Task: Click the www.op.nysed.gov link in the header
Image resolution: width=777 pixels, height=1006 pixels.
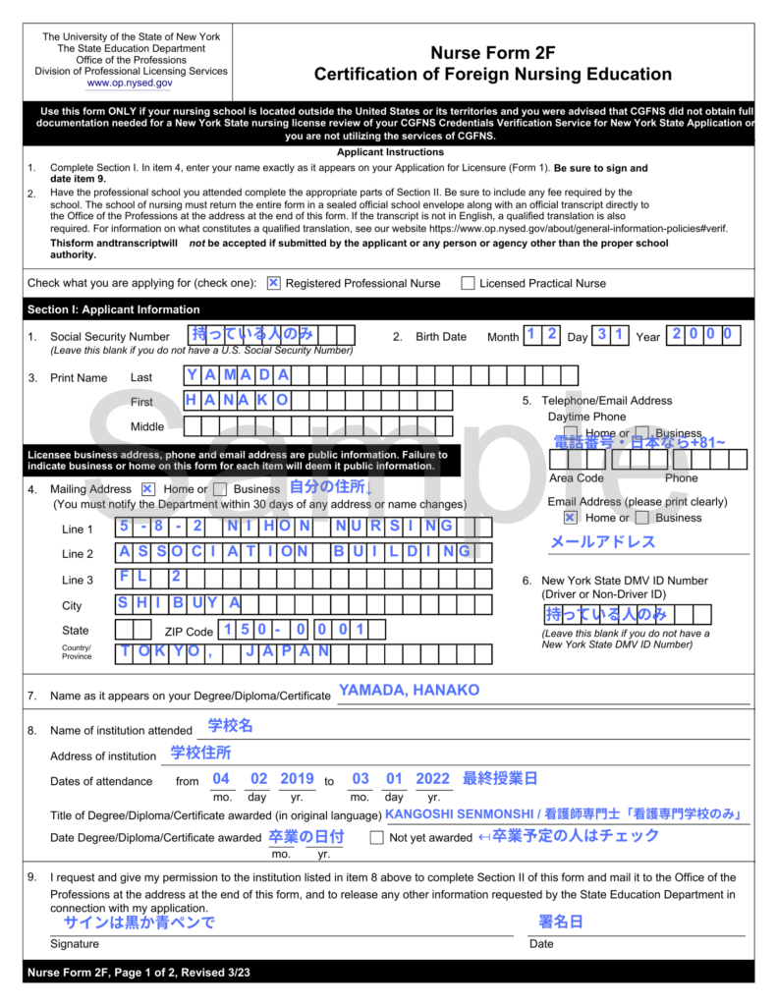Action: pos(131,84)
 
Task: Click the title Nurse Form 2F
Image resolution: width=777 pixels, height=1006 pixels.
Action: pos(492,54)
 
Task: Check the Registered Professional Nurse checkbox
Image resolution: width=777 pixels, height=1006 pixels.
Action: pos(274,283)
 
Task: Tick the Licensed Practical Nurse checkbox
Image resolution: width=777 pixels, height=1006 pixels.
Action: pos(468,283)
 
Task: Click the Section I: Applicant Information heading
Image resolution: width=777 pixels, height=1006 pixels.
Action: pos(114,309)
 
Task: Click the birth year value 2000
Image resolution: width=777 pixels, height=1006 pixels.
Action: pos(702,334)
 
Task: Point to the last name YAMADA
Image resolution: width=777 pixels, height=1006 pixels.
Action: pos(237,374)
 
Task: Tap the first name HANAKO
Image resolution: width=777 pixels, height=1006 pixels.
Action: pos(237,400)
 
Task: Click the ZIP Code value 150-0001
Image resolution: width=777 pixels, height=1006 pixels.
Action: pos(294,630)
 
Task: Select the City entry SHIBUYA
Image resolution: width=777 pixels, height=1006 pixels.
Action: pos(180,603)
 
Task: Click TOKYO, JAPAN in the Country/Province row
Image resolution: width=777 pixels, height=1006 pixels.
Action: pos(225,652)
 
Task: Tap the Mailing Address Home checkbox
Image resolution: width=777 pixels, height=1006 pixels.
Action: pos(147,488)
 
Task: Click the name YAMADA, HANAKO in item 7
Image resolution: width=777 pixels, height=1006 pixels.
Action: pos(409,691)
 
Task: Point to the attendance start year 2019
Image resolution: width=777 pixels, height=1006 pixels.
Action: pos(297,779)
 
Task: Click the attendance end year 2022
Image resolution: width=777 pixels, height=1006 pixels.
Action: pos(432,779)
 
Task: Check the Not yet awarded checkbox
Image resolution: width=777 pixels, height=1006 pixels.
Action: pos(376,838)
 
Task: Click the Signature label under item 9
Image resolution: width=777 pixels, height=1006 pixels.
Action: pos(75,944)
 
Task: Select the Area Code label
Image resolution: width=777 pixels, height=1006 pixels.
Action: pos(576,478)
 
